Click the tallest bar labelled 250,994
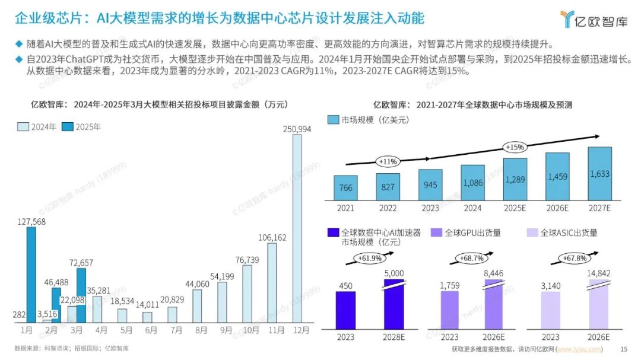click(x=297, y=228)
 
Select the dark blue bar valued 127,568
click(x=31, y=275)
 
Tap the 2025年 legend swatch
click(x=68, y=127)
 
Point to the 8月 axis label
click(x=201, y=330)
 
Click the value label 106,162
click(x=272, y=237)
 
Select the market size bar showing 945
click(x=430, y=184)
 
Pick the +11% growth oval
click(x=388, y=161)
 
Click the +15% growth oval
click(x=515, y=147)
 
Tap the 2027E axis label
click(x=599, y=208)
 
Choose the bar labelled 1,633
click(x=599, y=174)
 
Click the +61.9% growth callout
click(x=370, y=258)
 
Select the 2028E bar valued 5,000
click(x=394, y=304)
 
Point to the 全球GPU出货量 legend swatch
click(x=437, y=232)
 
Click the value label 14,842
click(x=598, y=273)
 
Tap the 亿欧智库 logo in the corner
click(x=594, y=19)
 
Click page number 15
click(x=623, y=349)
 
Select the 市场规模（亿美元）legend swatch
click(x=333, y=120)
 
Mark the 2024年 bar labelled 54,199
click(x=223, y=302)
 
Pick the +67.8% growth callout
click(x=575, y=258)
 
